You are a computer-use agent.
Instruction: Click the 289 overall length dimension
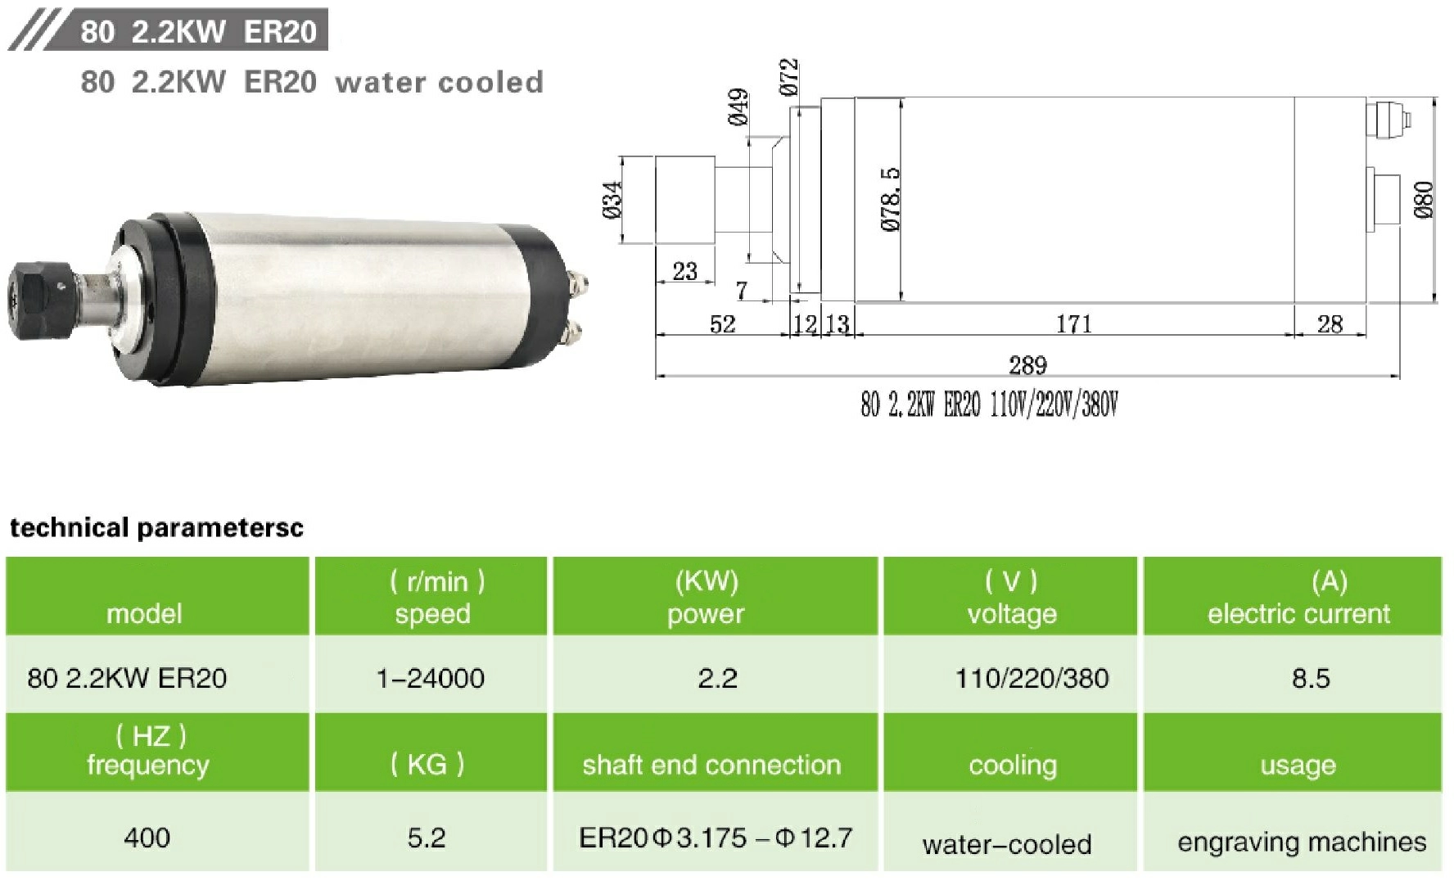[1027, 365]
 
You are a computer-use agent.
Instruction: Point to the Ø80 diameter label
[1424, 200]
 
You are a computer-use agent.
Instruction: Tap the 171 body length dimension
[1073, 324]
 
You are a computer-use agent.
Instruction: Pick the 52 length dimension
[722, 324]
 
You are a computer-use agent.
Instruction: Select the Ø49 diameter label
[738, 107]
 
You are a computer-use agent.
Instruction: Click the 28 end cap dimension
[1330, 324]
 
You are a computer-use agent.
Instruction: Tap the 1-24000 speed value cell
[431, 678]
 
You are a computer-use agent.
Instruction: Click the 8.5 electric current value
[1311, 678]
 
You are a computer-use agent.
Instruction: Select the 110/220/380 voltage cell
[1032, 678]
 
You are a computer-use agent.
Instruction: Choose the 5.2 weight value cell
[427, 838]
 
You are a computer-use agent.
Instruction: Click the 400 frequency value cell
[147, 838]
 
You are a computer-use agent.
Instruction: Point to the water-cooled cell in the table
[1007, 844]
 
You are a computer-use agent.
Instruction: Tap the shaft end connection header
[711, 765]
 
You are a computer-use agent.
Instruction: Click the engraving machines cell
[1302, 842]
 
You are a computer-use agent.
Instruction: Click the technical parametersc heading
[156, 527]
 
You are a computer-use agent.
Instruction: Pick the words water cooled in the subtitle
[440, 82]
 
